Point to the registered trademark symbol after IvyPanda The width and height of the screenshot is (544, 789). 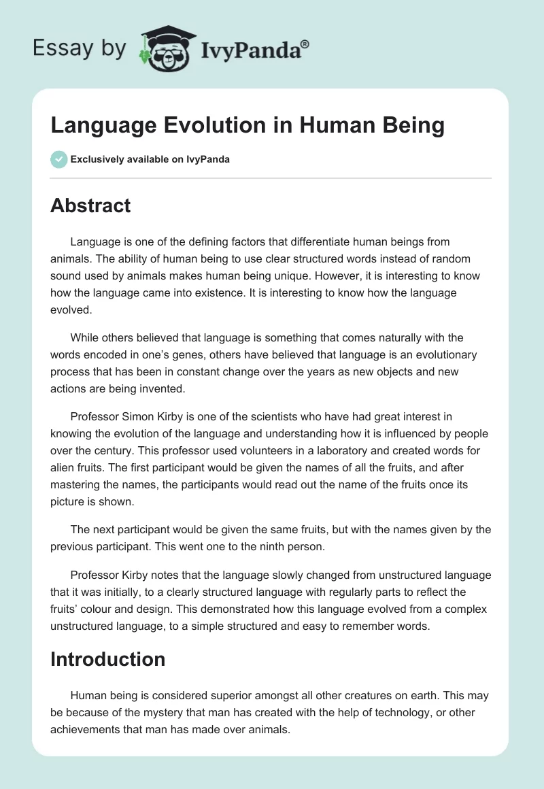click(305, 44)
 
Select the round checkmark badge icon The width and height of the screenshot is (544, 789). click(58, 159)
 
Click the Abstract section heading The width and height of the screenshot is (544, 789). click(90, 205)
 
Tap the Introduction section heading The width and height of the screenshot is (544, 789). click(107, 659)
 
